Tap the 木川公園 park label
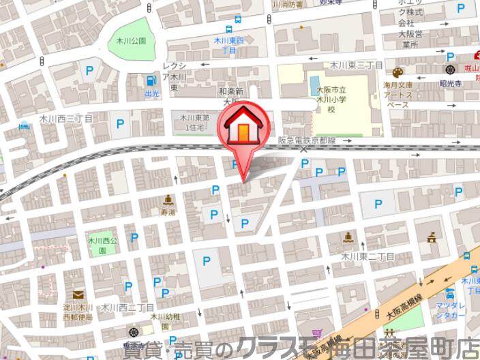pos(131,41)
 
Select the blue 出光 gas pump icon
pos(150,80)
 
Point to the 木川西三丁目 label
pos(65,118)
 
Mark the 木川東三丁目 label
pos(356,65)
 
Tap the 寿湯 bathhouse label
pos(168,212)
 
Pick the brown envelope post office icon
pos(78,295)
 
